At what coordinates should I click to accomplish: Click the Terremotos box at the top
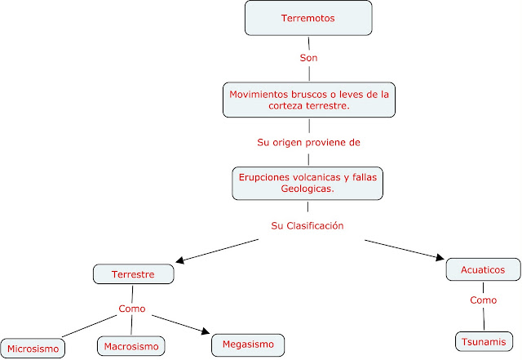click(x=308, y=17)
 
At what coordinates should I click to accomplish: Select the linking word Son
click(x=308, y=60)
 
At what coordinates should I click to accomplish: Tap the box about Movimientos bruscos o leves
click(x=308, y=100)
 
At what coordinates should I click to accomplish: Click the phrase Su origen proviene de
click(x=308, y=141)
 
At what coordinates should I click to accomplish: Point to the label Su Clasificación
click(x=307, y=224)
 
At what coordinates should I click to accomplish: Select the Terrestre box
click(x=134, y=273)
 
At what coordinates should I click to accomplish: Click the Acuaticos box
click(x=483, y=269)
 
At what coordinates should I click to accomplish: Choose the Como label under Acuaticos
click(x=483, y=300)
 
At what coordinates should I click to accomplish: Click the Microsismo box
click(x=33, y=349)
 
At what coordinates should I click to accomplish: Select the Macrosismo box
click(x=131, y=346)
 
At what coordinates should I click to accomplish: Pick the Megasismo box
click(x=248, y=344)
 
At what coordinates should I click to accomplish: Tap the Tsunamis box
click(x=484, y=341)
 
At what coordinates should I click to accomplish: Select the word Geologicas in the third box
click(x=307, y=189)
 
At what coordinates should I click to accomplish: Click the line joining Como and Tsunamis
click(x=483, y=320)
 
